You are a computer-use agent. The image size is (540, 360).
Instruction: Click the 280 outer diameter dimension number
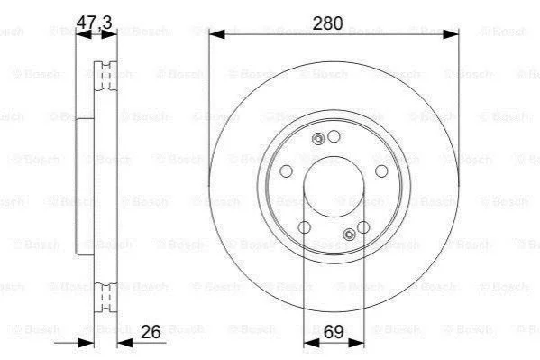tap(327, 23)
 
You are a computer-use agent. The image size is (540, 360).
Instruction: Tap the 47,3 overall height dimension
tap(94, 23)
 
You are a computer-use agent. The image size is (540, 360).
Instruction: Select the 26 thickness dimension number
tap(151, 332)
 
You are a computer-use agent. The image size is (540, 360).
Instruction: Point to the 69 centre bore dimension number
tap(334, 332)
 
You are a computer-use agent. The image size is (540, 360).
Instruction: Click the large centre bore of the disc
tap(334, 188)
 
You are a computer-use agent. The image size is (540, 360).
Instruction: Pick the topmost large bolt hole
tap(334, 136)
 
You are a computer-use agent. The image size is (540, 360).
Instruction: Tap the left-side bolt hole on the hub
tap(286, 171)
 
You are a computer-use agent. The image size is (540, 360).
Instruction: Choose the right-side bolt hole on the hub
tap(381, 171)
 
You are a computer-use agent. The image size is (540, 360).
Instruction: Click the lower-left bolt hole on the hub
tap(304, 227)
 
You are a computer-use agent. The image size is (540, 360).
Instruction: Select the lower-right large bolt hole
tap(363, 227)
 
